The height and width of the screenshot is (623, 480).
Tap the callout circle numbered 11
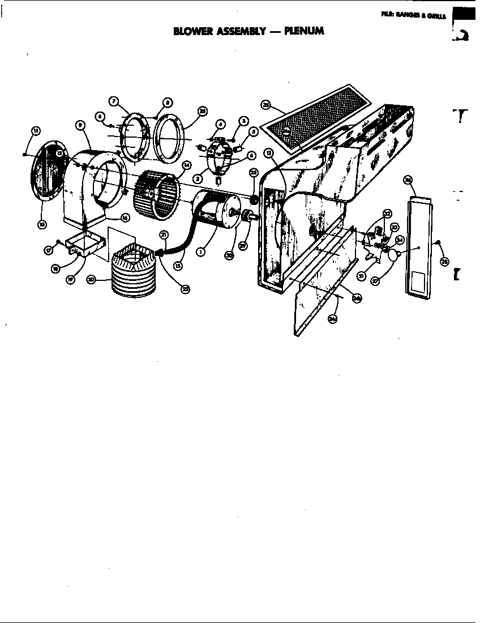tap(36, 131)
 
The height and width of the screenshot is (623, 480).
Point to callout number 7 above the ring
tap(114, 101)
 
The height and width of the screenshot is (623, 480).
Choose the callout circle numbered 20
tap(91, 279)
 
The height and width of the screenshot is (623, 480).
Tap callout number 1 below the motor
tap(200, 252)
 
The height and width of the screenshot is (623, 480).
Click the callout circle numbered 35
tap(267, 104)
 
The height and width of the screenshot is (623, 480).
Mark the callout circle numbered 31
tap(360, 276)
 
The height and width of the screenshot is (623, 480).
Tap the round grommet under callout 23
tap(254, 199)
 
